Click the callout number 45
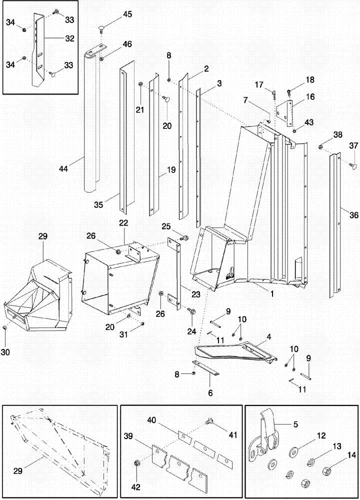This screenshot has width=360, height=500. [127, 14]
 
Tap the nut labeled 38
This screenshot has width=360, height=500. [321, 146]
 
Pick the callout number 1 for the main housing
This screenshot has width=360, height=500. [272, 294]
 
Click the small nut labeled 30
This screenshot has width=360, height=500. [4, 327]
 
